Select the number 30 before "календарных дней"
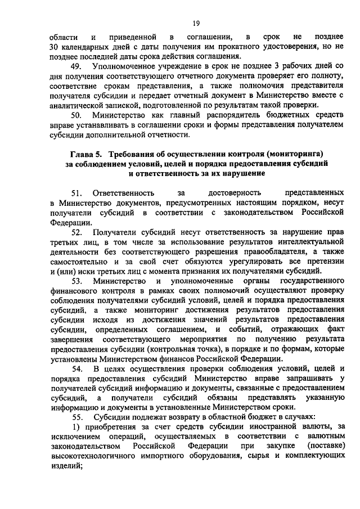coord(54,47)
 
